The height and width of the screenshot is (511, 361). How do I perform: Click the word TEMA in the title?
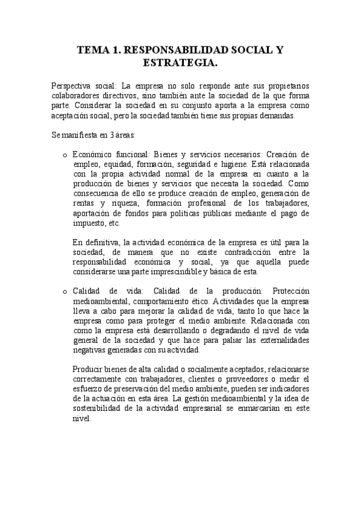click(x=94, y=52)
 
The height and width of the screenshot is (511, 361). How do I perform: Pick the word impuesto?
click(x=89, y=222)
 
